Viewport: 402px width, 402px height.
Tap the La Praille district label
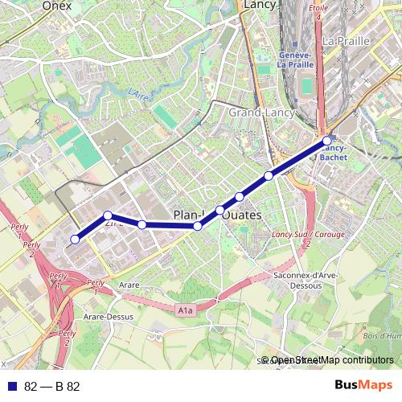pos(345,40)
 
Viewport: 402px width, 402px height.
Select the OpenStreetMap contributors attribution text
pos(332,360)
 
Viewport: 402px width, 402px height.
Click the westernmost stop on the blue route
pos(75,239)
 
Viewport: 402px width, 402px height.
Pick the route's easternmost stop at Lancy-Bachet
pos(327,142)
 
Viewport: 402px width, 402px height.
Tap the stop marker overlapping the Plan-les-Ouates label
pos(198,227)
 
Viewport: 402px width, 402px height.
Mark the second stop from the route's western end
pos(108,215)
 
